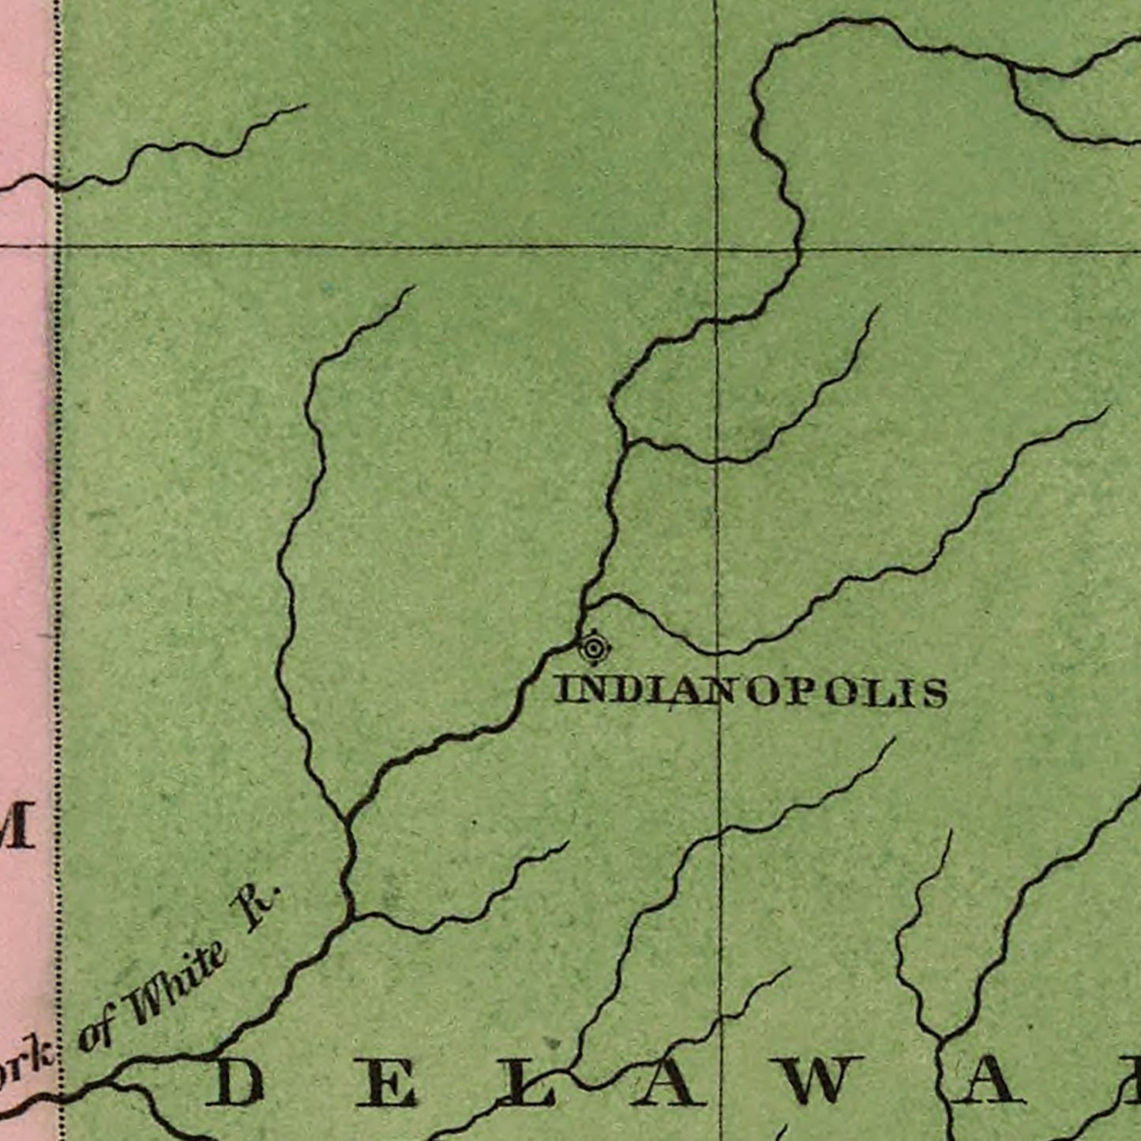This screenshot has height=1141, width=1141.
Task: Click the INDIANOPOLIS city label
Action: click(x=750, y=691)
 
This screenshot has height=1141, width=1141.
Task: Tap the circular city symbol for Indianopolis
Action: click(x=593, y=649)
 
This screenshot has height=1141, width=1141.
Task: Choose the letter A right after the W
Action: click(x=991, y=1082)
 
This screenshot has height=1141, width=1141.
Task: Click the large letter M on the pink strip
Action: click(x=17, y=825)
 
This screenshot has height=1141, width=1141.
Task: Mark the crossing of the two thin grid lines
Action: click(x=717, y=249)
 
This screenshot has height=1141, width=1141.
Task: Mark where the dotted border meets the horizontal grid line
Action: click(x=58, y=246)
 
